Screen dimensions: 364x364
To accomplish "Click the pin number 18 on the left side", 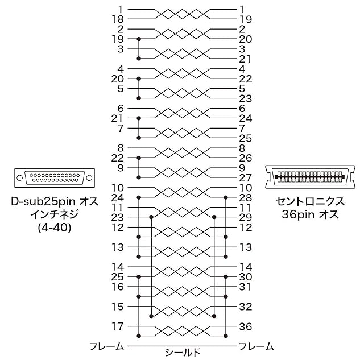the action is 118,19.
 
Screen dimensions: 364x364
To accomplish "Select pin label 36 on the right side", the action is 246,326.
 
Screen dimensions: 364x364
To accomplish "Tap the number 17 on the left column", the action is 118,326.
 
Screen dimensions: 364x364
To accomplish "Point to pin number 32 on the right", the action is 246,307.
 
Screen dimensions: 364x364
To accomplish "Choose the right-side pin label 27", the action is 246,178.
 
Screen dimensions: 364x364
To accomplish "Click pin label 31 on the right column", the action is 245,287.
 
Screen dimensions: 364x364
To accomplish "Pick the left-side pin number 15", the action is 118,307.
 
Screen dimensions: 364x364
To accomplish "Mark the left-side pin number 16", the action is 118,287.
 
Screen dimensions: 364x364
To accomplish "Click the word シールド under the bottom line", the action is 182,353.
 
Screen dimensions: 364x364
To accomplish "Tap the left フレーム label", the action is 107,346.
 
